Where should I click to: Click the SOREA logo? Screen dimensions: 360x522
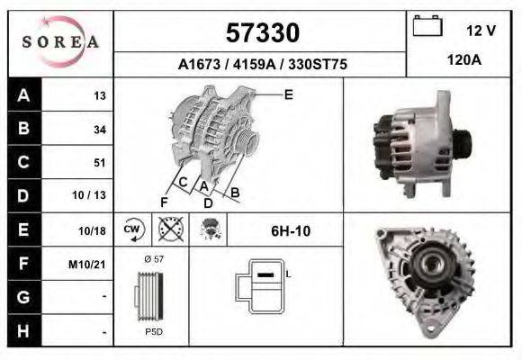tap(60, 42)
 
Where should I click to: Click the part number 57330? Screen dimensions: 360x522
tap(262, 33)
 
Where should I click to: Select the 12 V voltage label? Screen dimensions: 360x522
tap(481, 31)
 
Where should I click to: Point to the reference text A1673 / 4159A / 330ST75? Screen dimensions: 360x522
tap(262, 65)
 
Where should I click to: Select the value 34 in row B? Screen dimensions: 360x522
tap(100, 129)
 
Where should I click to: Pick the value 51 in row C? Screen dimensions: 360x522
tap(100, 163)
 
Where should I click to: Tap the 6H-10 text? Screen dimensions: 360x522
tap(291, 230)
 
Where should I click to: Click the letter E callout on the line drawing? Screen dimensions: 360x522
tap(288, 94)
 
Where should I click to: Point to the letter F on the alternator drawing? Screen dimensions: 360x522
tap(164, 202)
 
